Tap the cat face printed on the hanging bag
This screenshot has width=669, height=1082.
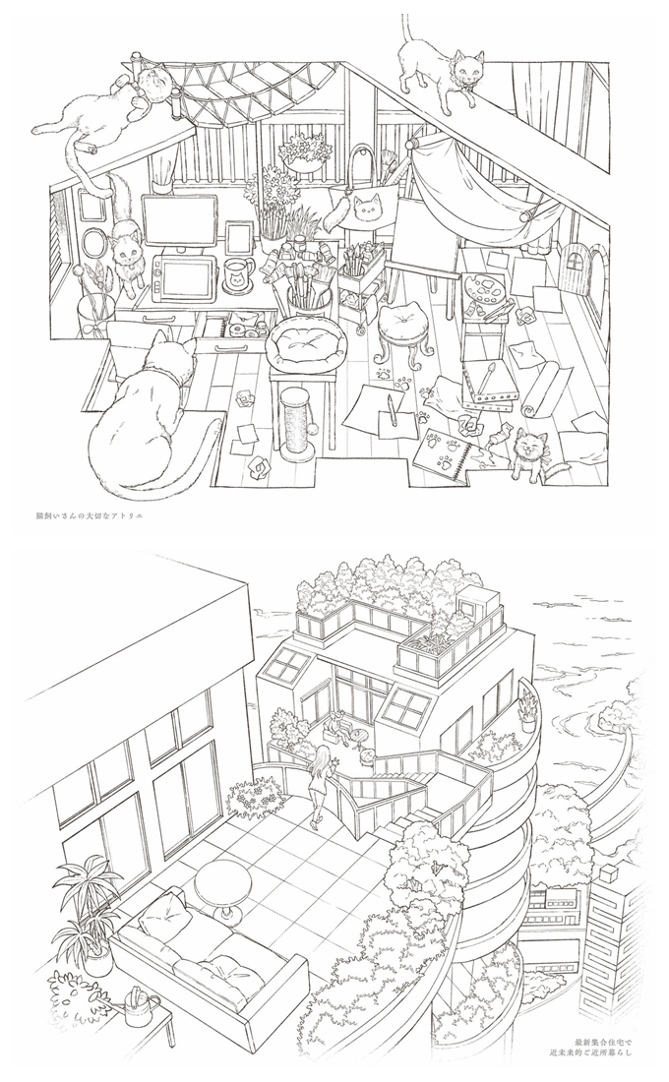(x=368, y=209)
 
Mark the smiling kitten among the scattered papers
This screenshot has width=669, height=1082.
(x=530, y=451)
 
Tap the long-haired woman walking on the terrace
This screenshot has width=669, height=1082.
(x=320, y=784)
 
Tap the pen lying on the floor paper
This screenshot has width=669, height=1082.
(x=392, y=404)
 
